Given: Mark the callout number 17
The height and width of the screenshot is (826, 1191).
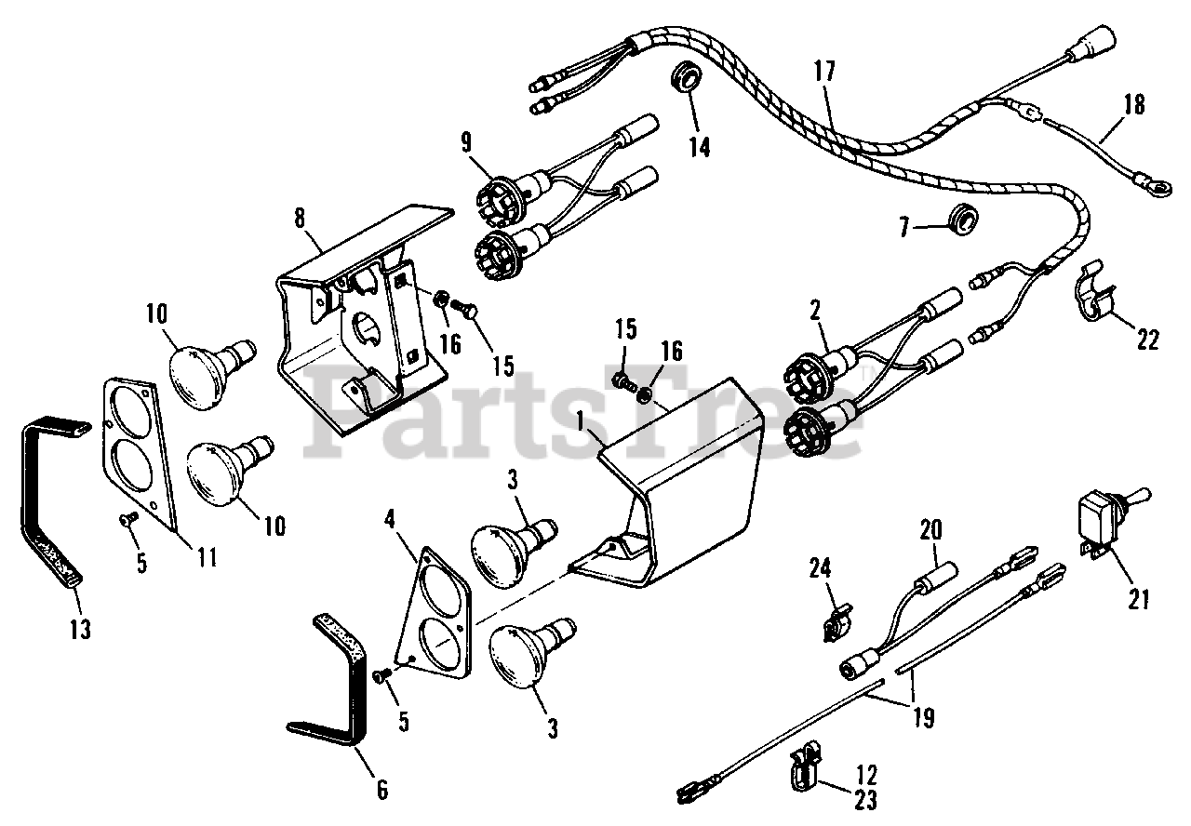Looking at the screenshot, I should (x=823, y=71).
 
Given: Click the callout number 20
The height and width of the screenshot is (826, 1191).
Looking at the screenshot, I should (x=930, y=531).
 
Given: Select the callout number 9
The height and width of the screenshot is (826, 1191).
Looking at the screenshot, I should (x=465, y=142).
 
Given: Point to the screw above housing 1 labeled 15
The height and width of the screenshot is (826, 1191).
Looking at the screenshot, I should (x=622, y=380).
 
